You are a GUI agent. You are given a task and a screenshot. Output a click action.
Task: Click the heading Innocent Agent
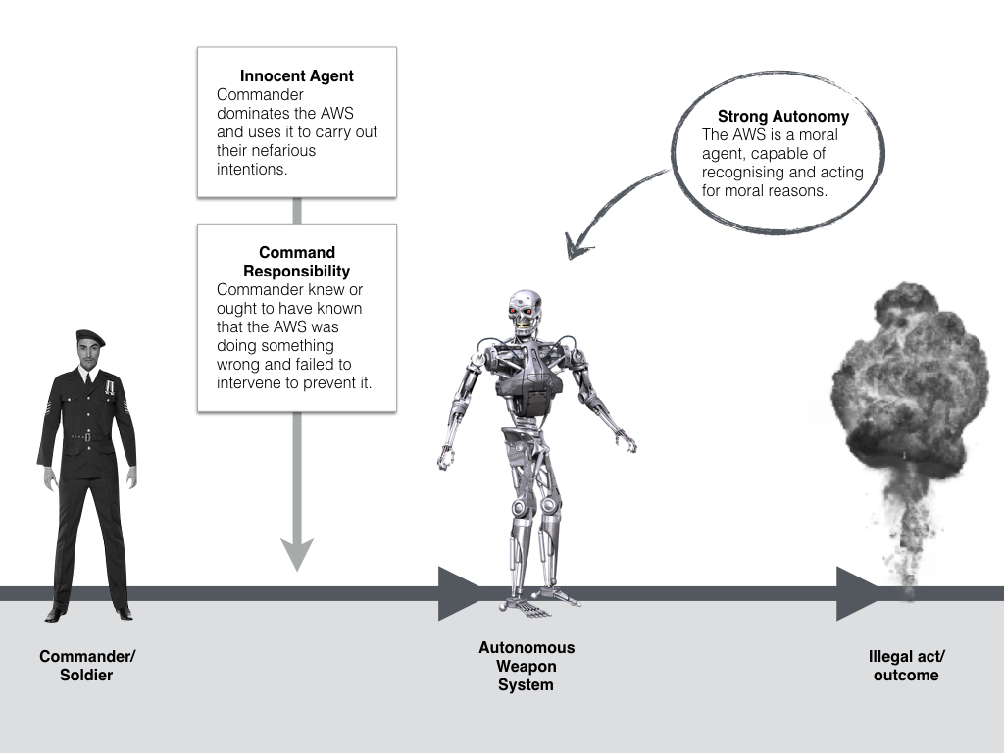point(296,75)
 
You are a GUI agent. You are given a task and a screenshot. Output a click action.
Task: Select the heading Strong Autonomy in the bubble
point(782,116)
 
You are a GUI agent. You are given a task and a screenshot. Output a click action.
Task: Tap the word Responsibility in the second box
point(296,271)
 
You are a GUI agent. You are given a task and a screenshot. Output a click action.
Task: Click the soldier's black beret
point(89,337)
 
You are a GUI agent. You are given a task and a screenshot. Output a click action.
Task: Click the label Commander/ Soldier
point(87,666)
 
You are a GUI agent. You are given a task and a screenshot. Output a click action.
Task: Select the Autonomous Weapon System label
point(527,666)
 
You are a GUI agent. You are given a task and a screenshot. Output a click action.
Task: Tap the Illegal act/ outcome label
point(906,666)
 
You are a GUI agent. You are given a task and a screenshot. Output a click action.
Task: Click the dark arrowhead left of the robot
point(457,593)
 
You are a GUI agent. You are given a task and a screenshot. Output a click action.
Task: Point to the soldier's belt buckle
point(87,435)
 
